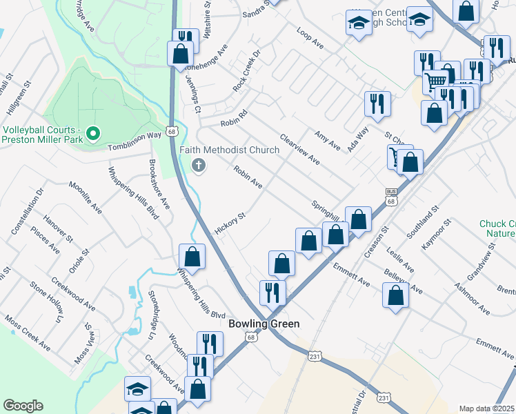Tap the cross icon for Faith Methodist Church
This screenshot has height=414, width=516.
pos(199,165)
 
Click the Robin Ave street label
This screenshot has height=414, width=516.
pos(248,177)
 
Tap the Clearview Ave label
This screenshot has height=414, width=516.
pos(299,149)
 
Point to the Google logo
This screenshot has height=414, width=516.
pos(23,405)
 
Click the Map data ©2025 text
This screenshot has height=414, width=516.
pos(486,408)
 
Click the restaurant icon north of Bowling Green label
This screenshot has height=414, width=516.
pos(272,292)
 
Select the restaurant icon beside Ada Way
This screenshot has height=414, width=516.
pos(377,104)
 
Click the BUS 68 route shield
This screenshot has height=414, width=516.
pos(391,197)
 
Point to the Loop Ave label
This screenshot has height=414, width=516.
pos(310,38)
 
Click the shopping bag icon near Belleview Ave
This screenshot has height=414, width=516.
pos(396,295)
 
